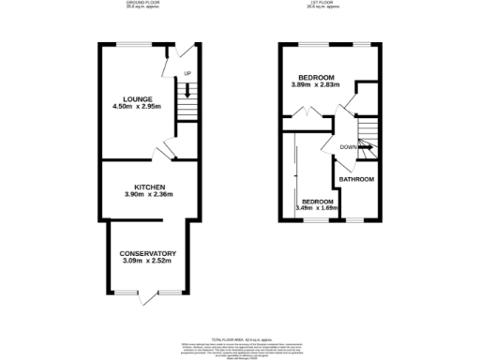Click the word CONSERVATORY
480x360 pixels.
click(x=148, y=254)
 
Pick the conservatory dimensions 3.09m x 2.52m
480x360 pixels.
click(x=148, y=262)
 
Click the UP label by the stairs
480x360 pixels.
click(x=187, y=73)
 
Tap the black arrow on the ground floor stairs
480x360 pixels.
click(x=187, y=91)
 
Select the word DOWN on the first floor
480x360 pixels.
click(x=348, y=146)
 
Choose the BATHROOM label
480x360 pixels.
click(x=356, y=179)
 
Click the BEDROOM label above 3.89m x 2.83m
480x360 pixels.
click(x=317, y=78)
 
